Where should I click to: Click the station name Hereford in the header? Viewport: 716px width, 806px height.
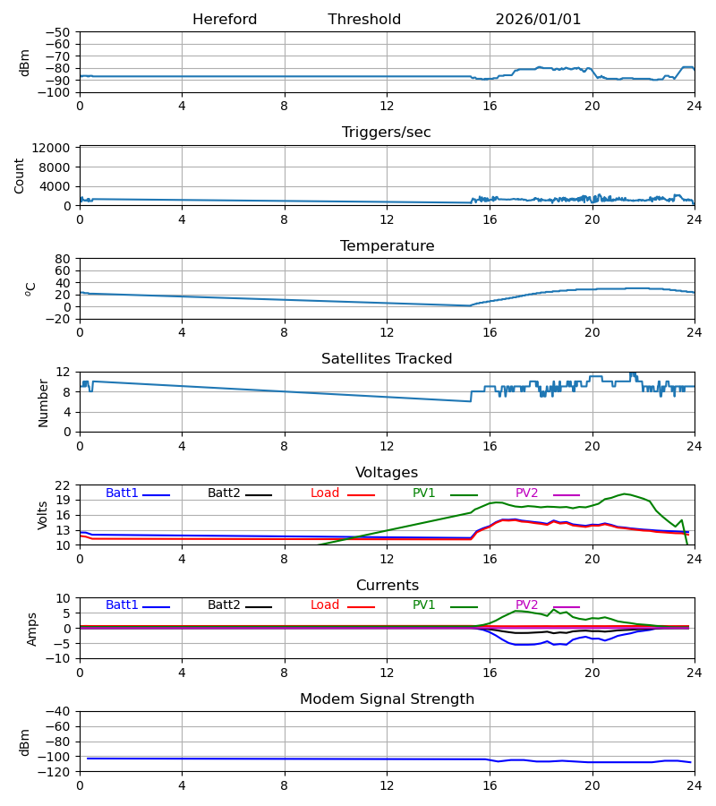pos(225,20)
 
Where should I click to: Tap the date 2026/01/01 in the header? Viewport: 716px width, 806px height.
pos(538,20)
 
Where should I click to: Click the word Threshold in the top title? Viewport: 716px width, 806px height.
pos(364,20)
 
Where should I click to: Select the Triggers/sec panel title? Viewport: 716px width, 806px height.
pos(387,133)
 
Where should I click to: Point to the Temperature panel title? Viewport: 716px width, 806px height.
pos(387,246)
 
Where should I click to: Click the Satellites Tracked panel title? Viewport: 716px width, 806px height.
pos(387,359)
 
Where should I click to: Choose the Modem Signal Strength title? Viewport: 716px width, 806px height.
pos(387,699)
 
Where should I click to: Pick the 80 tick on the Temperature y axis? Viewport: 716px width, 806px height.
pos(63,259)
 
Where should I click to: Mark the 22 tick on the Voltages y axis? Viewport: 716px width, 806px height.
pos(63,485)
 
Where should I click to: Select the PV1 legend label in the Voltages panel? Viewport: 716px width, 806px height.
pos(423,493)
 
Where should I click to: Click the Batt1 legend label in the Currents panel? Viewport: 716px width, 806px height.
pos(122,605)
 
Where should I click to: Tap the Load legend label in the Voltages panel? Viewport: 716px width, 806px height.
pos(325,493)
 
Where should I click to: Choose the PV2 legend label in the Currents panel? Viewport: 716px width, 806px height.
pos(526,605)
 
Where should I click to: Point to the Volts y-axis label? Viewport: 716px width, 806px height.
pos(43,515)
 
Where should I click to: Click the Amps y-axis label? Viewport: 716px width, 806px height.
pos(33,629)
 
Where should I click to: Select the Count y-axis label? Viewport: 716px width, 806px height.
pos(20,176)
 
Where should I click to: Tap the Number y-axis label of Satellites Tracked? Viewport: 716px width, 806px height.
pos(43,402)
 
